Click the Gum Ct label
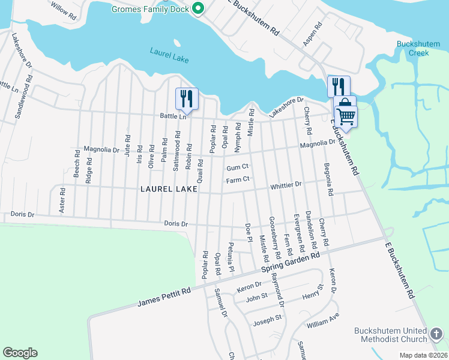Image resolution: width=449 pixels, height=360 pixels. tap(238, 167)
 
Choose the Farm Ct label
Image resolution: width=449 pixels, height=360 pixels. tap(237, 179)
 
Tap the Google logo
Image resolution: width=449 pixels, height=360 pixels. tap(20, 353)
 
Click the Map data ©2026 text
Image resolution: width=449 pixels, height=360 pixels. tap(423, 355)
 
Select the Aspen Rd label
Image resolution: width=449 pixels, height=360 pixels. tap(313, 35)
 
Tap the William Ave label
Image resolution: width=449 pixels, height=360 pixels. tap(322, 320)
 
